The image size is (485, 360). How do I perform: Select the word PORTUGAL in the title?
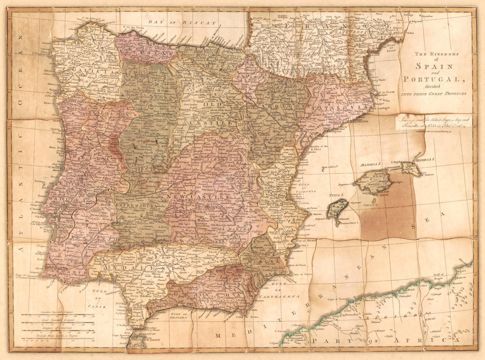click(x=434, y=79)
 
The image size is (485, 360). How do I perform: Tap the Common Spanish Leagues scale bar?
click(x=58, y=315)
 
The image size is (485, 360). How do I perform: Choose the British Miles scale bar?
click(x=58, y=340)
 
